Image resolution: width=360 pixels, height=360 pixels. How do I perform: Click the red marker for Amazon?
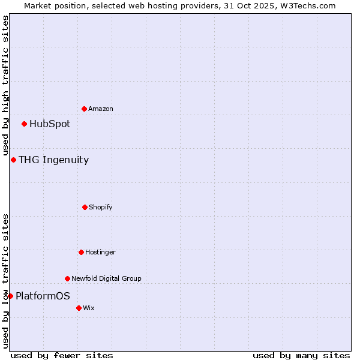(84, 109)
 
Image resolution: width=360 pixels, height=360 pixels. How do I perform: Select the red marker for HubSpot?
(24, 124)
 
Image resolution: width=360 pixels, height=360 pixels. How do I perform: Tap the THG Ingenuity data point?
(13, 160)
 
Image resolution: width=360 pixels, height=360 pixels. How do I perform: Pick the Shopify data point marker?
(85, 207)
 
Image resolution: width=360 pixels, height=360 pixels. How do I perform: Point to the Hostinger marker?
(81, 252)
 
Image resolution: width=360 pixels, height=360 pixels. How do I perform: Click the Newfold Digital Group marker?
(67, 278)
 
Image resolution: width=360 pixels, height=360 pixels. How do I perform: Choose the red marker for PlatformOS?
(10, 296)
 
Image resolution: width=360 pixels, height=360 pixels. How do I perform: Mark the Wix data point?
(79, 308)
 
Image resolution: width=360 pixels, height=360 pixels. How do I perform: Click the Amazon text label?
(101, 109)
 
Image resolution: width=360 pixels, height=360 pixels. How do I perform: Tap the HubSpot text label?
(50, 124)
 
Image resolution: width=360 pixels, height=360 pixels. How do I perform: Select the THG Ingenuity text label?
(53, 160)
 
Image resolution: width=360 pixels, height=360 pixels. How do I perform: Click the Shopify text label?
(101, 207)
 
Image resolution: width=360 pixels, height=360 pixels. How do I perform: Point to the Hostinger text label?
(100, 252)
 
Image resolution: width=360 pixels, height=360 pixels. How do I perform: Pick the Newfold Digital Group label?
(106, 278)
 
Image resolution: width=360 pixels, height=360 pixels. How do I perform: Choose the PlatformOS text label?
(43, 296)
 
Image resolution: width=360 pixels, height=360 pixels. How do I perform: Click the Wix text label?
(89, 308)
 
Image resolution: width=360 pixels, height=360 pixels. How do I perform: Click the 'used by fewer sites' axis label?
(62, 355)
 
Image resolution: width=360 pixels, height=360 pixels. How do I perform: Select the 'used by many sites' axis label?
(301, 355)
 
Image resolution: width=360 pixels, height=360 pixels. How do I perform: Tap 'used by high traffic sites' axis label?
(5, 85)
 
